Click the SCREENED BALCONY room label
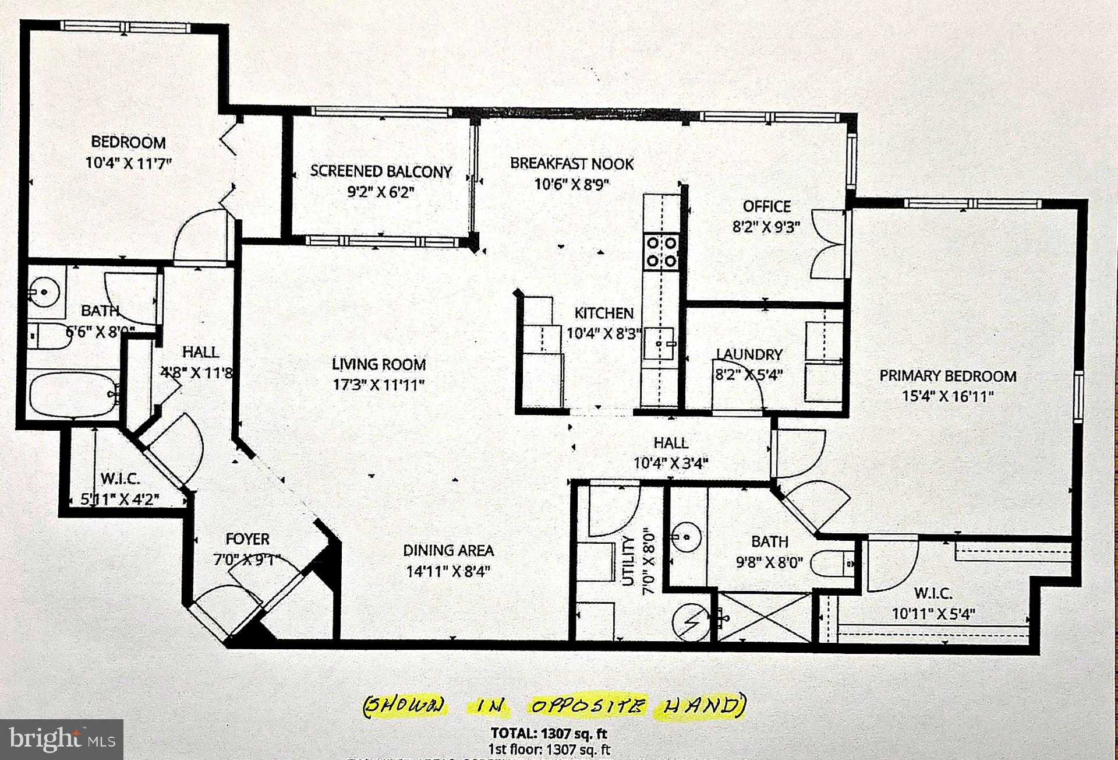coord(381,171)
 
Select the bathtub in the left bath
coord(73,395)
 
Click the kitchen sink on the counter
coord(660,344)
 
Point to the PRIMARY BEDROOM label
coord(947,376)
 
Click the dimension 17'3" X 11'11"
coord(378,385)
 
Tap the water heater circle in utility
coord(691,623)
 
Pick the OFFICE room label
coord(766,206)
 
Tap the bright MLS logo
coord(61,740)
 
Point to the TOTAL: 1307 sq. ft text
coord(549,733)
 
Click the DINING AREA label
coord(448,550)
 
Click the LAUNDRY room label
coord(749,354)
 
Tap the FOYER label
coord(247,539)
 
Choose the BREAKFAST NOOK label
coord(572,164)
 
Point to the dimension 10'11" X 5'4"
coord(933,614)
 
